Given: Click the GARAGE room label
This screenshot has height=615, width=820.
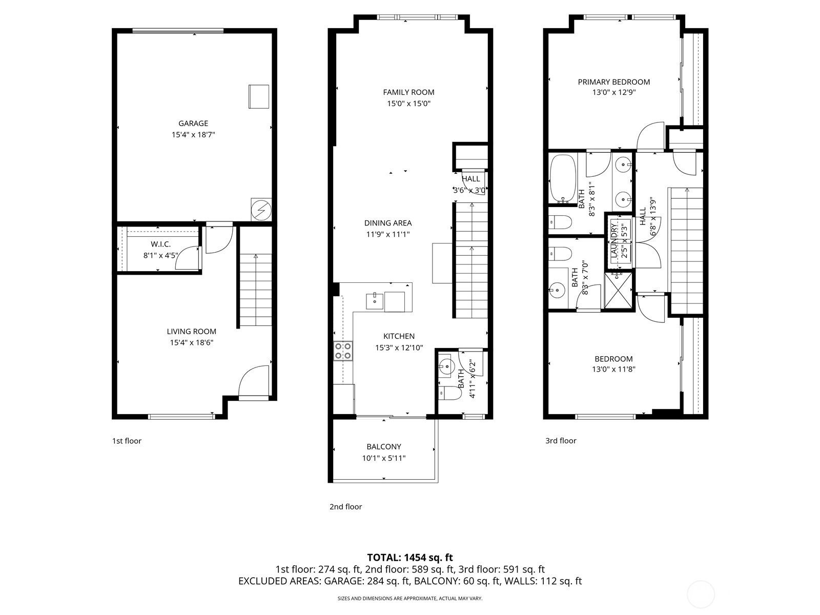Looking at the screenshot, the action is (193, 123).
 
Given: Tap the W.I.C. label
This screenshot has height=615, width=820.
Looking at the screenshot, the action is (160, 244).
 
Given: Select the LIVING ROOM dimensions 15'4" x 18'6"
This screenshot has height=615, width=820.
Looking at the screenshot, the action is (191, 342).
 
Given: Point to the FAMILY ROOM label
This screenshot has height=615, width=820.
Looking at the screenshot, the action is (408, 92).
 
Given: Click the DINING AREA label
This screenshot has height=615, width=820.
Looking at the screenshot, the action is (388, 223).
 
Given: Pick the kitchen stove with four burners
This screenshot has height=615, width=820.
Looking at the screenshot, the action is (343, 351).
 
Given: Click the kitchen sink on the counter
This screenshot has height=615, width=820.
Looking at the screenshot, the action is (374, 301).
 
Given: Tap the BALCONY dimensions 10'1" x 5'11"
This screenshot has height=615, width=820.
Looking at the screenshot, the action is (384, 458).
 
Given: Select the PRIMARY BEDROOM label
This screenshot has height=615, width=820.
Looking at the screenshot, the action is (614, 82).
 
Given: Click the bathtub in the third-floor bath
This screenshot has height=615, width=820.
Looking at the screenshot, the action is (563, 179).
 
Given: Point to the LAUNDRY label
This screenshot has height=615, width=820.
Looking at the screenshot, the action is (614, 240).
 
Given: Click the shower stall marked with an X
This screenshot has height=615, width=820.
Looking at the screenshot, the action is (618, 291).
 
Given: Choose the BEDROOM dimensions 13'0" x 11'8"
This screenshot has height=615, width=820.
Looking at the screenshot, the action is (613, 370).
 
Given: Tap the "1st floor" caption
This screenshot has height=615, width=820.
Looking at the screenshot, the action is (127, 441).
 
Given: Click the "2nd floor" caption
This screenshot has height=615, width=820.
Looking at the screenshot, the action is (345, 507).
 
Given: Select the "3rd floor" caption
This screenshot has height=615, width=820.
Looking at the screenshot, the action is (561, 441).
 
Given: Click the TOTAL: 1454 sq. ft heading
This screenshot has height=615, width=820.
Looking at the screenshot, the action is (410, 558).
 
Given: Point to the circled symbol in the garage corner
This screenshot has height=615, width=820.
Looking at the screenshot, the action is (261, 210).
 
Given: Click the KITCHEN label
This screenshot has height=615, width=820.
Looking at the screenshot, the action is (399, 336).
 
